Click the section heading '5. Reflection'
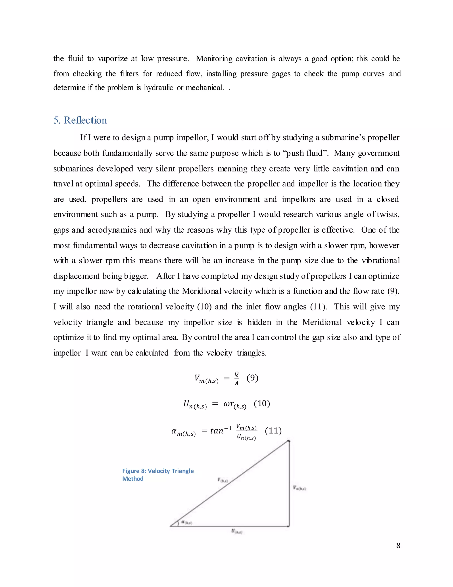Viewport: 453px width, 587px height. (80, 120)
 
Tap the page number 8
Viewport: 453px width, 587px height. (398, 545)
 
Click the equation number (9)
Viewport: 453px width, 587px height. (252, 378)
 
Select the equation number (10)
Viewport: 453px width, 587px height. (262, 403)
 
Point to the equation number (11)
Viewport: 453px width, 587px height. (273, 431)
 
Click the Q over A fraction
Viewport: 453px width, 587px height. (236, 378)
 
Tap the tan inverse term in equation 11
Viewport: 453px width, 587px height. (220, 431)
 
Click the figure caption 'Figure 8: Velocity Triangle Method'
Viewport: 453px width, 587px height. (158, 475)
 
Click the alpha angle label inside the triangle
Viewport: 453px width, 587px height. (186, 522)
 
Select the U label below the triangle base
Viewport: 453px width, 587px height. (237, 531)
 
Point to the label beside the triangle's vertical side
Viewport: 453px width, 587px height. (299, 488)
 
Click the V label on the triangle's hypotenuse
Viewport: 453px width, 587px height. (223, 480)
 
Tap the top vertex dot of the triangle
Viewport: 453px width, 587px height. (289, 441)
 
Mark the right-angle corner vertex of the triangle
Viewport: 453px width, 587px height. (289, 526)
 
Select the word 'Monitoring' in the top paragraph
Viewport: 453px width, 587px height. (214, 59)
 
